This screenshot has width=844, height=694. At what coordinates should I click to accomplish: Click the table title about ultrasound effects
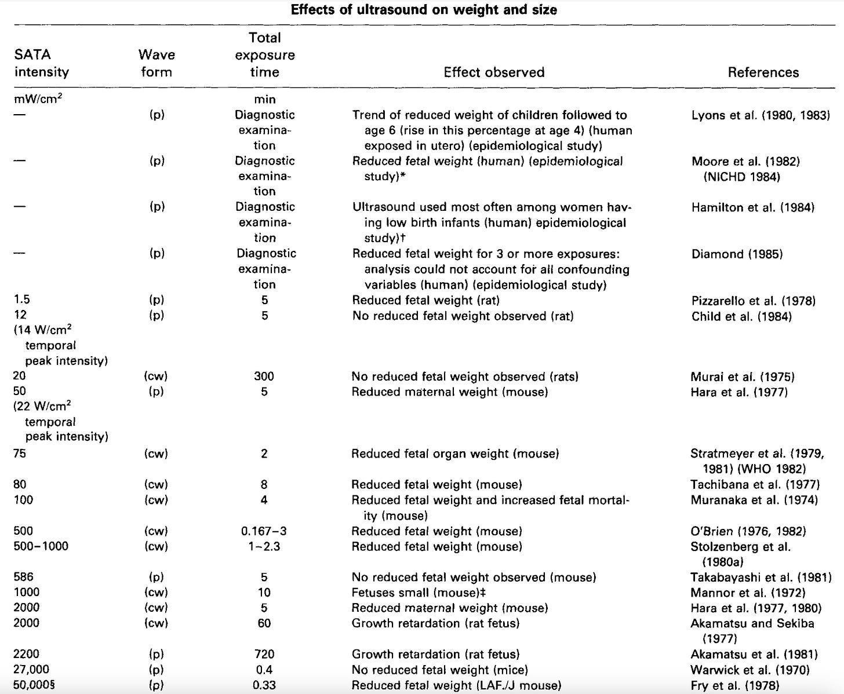pyautogui.click(x=424, y=10)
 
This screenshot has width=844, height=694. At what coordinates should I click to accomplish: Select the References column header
pyautogui.click(x=763, y=72)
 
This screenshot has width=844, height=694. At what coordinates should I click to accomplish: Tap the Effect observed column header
pyautogui.click(x=494, y=72)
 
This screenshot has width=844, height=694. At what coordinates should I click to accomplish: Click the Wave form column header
pyautogui.click(x=157, y=63)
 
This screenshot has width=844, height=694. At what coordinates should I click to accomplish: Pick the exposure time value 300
pyautogui.click(x=264, y=377)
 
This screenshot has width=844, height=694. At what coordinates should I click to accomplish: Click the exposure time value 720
pyautogui.click(x=264, y=654)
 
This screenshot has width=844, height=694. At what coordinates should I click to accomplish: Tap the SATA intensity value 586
pyautogui.click(x=24, y=577)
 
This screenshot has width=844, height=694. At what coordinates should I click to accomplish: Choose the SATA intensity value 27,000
pyautogui.click(x=31, y=670)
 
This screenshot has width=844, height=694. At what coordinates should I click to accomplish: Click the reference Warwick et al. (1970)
pyautogui.click(x=750, y=670)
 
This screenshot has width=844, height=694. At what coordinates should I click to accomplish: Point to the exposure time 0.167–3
pyautogui.click(x=264, y=531)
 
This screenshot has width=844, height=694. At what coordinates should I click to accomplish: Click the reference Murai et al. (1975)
pyautogui.click(x=743, y=377)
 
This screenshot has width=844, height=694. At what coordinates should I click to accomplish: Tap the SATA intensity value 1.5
pyautogui.click(x=21, y=300)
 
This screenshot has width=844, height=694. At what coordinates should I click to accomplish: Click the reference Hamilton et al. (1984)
pyautogui.click(x=752, y=207)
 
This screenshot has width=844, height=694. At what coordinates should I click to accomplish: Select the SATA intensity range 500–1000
pyautogui.click(x=41, y=546)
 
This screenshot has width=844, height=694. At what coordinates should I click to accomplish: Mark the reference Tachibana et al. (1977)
pyautogui.click(x=755, y=484)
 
